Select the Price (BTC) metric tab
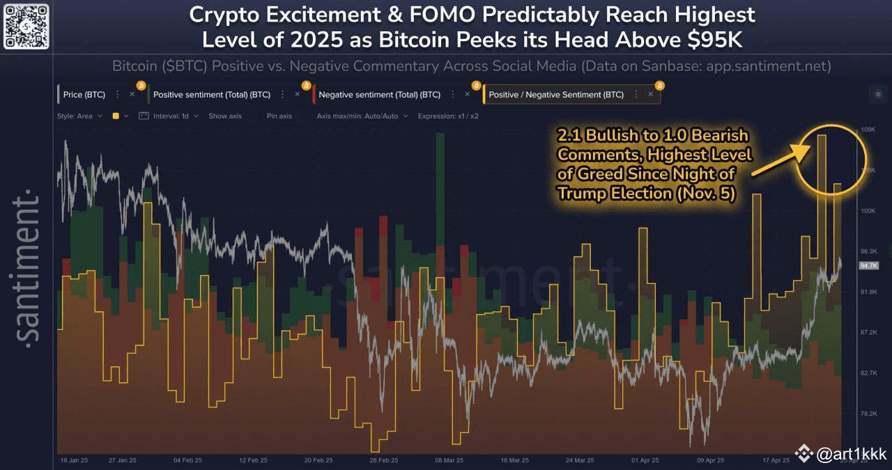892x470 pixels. pyautogui.click(x=84, y=95)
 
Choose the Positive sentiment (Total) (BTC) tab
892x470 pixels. pyautogui.click(x=211, y=95)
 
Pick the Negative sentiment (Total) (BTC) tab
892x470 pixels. pyautogui.click(x=379, y=95)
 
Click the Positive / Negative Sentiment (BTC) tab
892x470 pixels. pyautogui.click(x=556, y=95)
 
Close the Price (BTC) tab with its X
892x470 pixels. pyautogui.click(x=132, y=95)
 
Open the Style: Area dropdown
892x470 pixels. pyautogui.click(x=79, y=116)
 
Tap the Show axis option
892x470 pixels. pyautogui.click(x=225, y=116)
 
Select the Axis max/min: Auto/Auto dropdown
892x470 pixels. pyautogui.click(x=357, y=116)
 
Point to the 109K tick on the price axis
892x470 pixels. pyautogui.click(x=868, y=130)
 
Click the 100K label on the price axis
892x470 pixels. pyautogui.click(x=868, y=211)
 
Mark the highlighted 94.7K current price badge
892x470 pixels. pyautogui.click(x=869, y=265)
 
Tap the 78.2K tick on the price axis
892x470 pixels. pyautogui.click(x=868, y=414)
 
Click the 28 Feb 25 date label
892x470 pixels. pyautogui.click(x=383, y=460)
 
